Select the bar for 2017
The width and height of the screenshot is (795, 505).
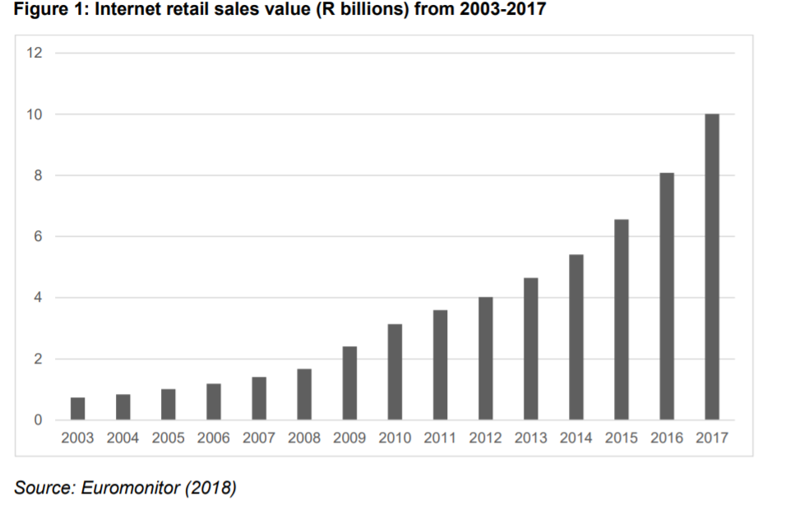(712, 267)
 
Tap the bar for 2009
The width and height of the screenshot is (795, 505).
(349, 383)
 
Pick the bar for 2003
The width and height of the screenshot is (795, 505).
(77, 409)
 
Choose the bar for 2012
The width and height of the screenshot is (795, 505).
(486, 359)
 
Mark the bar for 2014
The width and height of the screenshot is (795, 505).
(576, 337)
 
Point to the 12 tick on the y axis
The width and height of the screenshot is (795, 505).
(34, 53)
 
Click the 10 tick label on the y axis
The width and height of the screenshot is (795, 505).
(34, 114)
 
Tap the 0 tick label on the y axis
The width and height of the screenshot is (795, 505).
(37, 420)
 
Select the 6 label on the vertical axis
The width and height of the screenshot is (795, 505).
(37, 237)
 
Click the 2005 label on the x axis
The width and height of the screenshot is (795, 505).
(168, 438)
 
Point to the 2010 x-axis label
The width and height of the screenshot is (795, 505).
(395, 438)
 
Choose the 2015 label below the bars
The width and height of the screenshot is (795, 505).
(622, 438)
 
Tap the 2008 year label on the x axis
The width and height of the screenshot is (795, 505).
(304, 438)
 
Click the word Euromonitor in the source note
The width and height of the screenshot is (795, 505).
(132, 488)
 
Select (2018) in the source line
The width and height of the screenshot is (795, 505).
(210, 488)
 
